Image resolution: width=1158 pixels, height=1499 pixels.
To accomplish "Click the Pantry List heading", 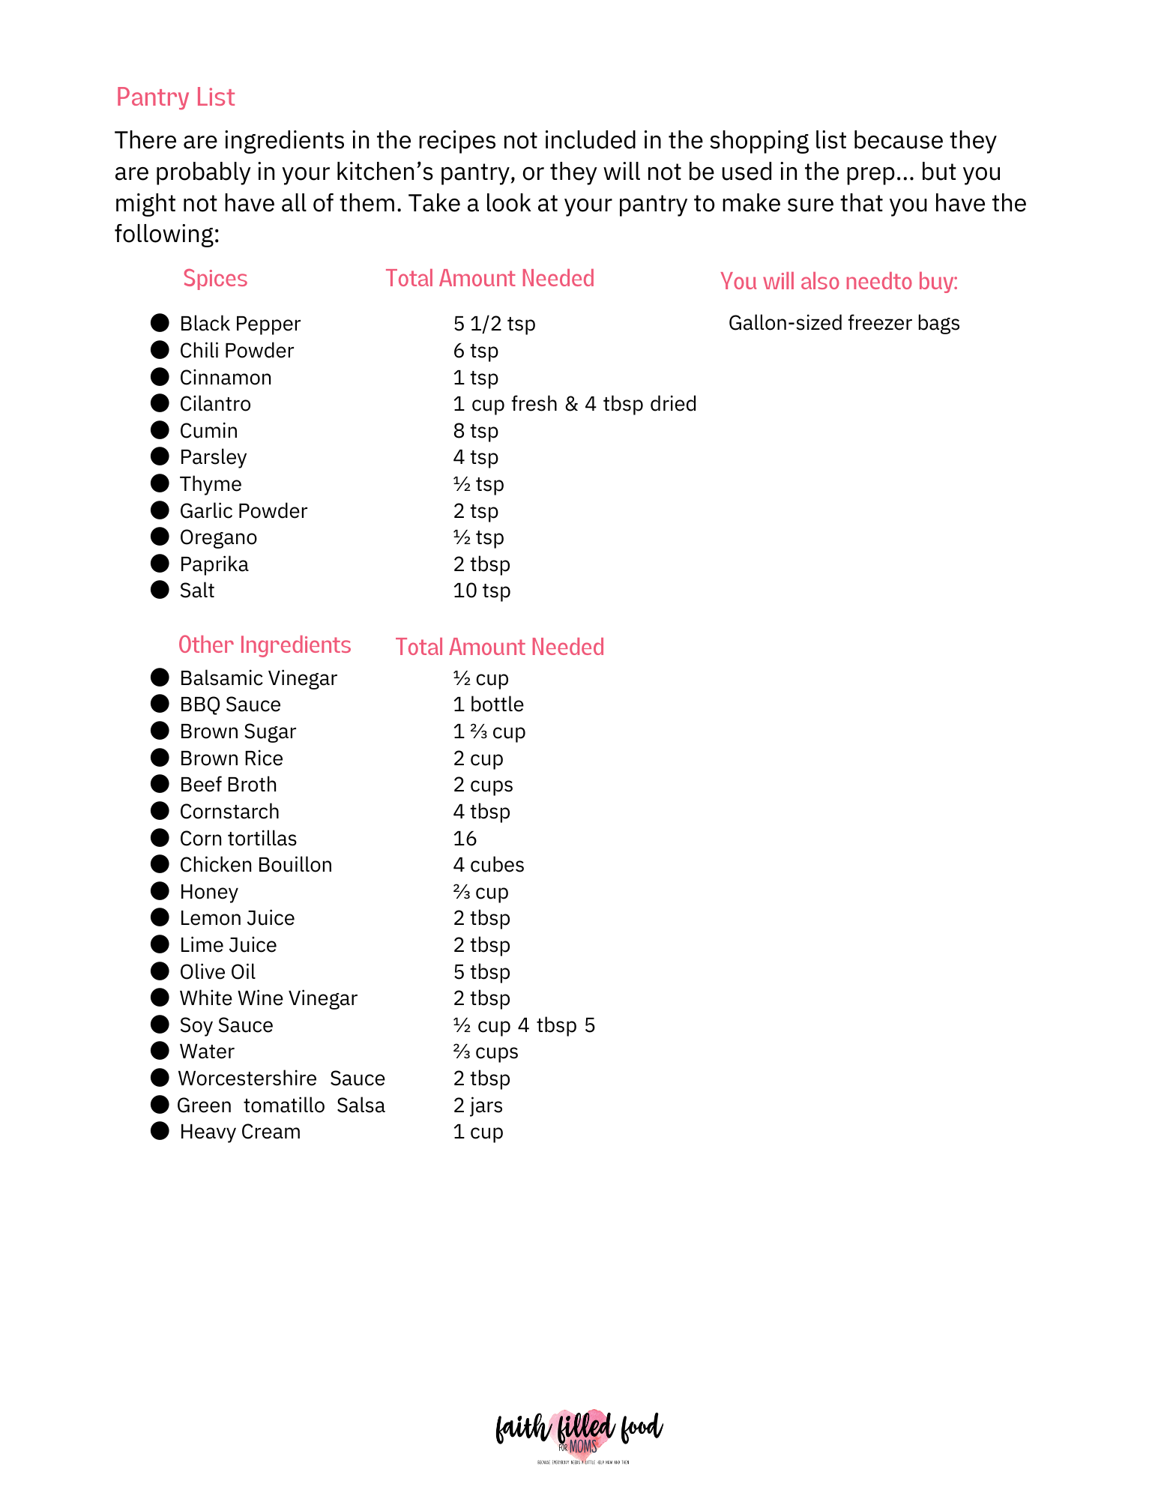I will coord(175,97).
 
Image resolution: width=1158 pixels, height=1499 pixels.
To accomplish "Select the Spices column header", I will coord(215,279).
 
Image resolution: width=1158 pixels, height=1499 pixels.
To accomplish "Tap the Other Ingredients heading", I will coord(265,645).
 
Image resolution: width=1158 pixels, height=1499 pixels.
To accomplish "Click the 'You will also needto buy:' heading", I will coord(839,282).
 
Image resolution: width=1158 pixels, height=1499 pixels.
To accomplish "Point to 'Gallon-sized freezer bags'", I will coord(844,323).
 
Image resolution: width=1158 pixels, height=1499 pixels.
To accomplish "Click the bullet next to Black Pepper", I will coord(160,323).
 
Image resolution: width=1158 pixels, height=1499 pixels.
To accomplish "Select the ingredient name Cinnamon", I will coord(226,378).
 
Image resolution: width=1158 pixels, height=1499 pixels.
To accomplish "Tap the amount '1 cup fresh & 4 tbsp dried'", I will coord(575,404).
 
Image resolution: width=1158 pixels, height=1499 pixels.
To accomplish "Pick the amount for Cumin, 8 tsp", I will coord(476,431).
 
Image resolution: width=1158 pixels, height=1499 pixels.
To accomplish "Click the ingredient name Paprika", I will coord(214,564).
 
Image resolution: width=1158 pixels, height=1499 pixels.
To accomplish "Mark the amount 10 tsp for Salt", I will coord(482,591).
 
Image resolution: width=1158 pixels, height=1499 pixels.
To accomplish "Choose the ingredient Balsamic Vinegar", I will coord(259,678).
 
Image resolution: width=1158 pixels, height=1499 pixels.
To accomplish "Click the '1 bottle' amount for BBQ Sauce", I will coord(489,705).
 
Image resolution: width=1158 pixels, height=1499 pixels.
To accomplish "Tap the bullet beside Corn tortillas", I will coord(160,838).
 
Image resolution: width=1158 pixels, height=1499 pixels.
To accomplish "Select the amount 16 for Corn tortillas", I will coord(465,839).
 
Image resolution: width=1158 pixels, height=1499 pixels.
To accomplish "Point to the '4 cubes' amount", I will coord(489,865).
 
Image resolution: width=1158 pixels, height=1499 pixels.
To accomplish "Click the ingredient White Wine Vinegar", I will coord(268,998).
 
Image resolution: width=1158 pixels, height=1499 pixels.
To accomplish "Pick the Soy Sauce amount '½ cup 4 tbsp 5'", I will coord(524,1025).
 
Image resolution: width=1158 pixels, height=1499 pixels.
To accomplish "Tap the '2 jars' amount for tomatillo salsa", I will coord(478,1106).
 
